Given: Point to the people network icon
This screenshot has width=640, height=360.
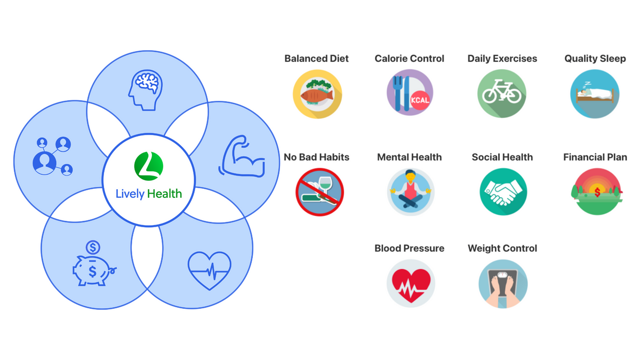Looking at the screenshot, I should pyautogui.click(x=53, y=156).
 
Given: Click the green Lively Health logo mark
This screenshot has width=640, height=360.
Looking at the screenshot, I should pyautogui.click(x=148, y=166).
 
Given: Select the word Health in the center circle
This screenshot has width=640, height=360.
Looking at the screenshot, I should pyautogui.click(x=164, y=194).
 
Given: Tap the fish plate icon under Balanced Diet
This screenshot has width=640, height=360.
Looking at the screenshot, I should pyautogui.click(x=317, y=94).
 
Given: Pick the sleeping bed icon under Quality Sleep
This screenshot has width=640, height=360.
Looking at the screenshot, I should pyautogui.click(x=595, y=94).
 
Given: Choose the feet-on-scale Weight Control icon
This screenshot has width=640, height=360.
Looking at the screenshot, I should pyautogui.click(x=503, y=283).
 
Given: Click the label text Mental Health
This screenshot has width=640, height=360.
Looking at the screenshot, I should pyautogui.click(x=409, y=157).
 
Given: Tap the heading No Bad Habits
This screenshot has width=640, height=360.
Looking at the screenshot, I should pyautogui.click(x=317, y=157).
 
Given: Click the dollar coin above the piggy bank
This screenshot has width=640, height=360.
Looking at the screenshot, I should pyautogui.click(x=93, y=247).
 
